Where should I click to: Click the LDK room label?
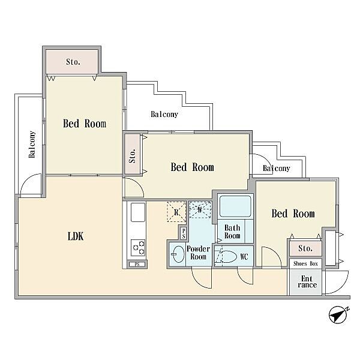(76, 236)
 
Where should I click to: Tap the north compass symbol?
(338, 316)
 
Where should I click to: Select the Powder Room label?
(198, 253)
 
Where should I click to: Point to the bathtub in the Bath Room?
(235, 206)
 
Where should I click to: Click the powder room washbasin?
(178, 254)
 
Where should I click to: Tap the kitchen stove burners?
(138, 247)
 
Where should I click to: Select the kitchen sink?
(138, 212)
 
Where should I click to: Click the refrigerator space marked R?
(176, 212)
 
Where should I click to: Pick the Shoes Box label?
(305, 264)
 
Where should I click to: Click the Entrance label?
(307, 282)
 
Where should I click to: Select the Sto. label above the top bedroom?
(73, 62)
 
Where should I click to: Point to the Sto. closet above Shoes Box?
(305, 248)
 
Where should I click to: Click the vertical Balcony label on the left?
(32, 144)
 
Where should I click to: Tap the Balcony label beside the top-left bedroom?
(164, 114)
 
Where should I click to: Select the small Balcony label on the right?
(276, 168)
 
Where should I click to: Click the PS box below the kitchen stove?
(137, 265)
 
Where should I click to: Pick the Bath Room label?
(232, 232)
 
